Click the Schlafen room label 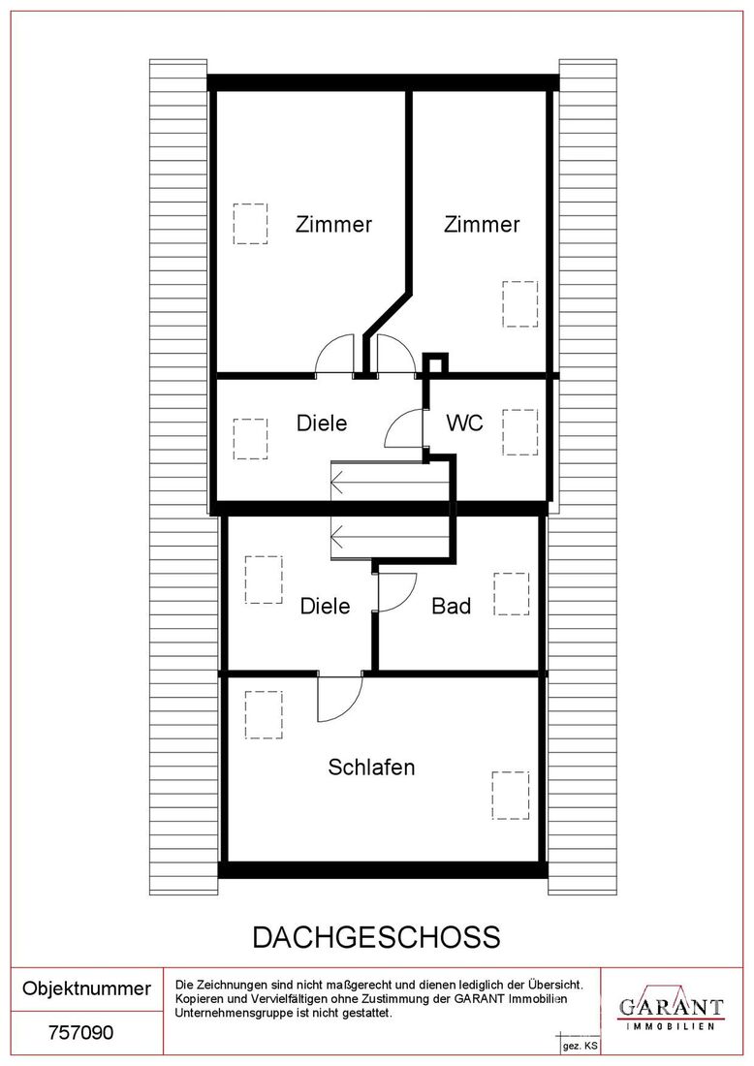point(371,767)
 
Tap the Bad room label point(452,606)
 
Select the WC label point(464,423)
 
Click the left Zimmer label point(333,224)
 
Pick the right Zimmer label point(482,224)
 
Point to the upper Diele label point(322,423)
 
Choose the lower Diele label point(325,606)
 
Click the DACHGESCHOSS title point(377,937)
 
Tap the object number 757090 point(80,1033)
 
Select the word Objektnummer point(86,988)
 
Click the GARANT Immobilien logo point(671,1007)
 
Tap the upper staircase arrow point(390,483)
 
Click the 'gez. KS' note point(580,1047)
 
